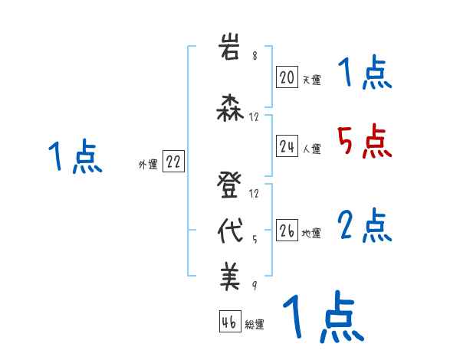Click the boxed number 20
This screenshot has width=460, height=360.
click(287, 77)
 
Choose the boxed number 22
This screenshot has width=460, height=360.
click(173, 162)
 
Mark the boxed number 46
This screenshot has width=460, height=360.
click(228, 322)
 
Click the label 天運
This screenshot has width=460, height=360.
click(311, 79)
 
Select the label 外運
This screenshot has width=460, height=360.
click(147, 164)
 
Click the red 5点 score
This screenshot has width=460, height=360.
click(364, 142)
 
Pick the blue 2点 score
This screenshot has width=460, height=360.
click(364, 226)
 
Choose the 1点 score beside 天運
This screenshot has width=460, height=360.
click(364, 74)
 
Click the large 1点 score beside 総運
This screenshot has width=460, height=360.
click(323, 318)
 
